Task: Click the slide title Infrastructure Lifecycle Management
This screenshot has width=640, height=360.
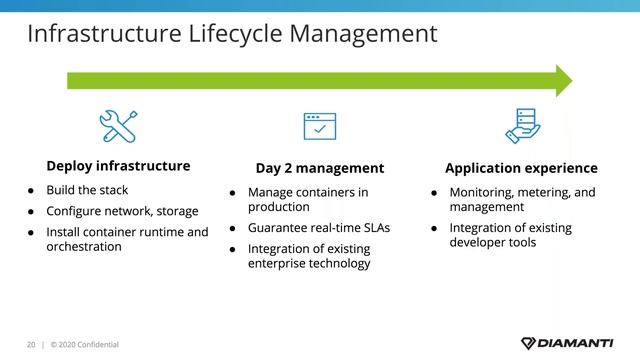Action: pos(231,34)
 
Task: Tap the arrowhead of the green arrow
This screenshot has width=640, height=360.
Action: pos(563,80)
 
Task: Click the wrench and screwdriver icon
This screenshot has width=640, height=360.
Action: pos(118,127)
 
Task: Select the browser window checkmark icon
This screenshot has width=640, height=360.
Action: pos(319,127)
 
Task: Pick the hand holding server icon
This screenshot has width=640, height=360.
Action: pos(521,126)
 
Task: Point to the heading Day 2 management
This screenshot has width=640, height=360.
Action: pos(319,168)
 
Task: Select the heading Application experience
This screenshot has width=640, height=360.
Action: pos(521,168)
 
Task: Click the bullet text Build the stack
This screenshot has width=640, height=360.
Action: pos(87,190)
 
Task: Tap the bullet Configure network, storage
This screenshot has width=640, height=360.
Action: pos(122,211)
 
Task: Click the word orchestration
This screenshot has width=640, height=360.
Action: pos(84,246)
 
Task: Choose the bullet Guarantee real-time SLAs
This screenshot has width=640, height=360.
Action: pos(318,227)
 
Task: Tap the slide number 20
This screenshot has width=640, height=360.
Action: pos(30,345)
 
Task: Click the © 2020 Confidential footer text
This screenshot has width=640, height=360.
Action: pos(84,345)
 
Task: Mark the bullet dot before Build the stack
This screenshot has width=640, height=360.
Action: pos(31,190)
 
